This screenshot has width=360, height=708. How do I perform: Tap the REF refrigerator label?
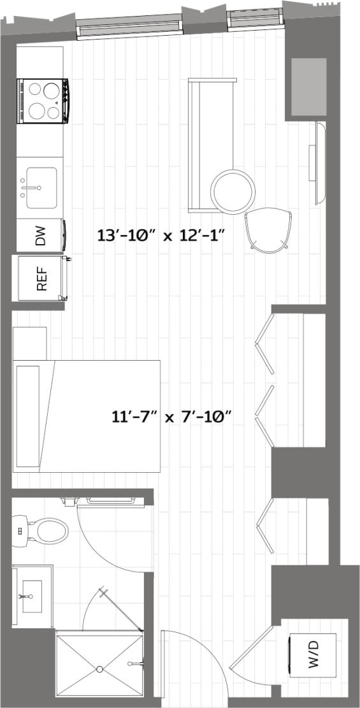tap(42, 278)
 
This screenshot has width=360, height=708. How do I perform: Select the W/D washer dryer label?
tap(314, 654)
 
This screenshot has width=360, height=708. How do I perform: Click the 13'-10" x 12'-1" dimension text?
tap(162, 235)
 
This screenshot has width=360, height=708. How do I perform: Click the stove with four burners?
tap(43, 101)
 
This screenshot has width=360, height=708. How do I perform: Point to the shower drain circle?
tap(99, 669)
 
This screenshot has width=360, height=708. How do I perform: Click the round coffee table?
tap(234, 191)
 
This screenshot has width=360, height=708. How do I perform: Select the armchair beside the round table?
tap(268, 230)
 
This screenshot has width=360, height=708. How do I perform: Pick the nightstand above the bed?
tap(30, 343)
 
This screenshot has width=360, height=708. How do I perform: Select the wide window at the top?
tap(129, 27)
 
